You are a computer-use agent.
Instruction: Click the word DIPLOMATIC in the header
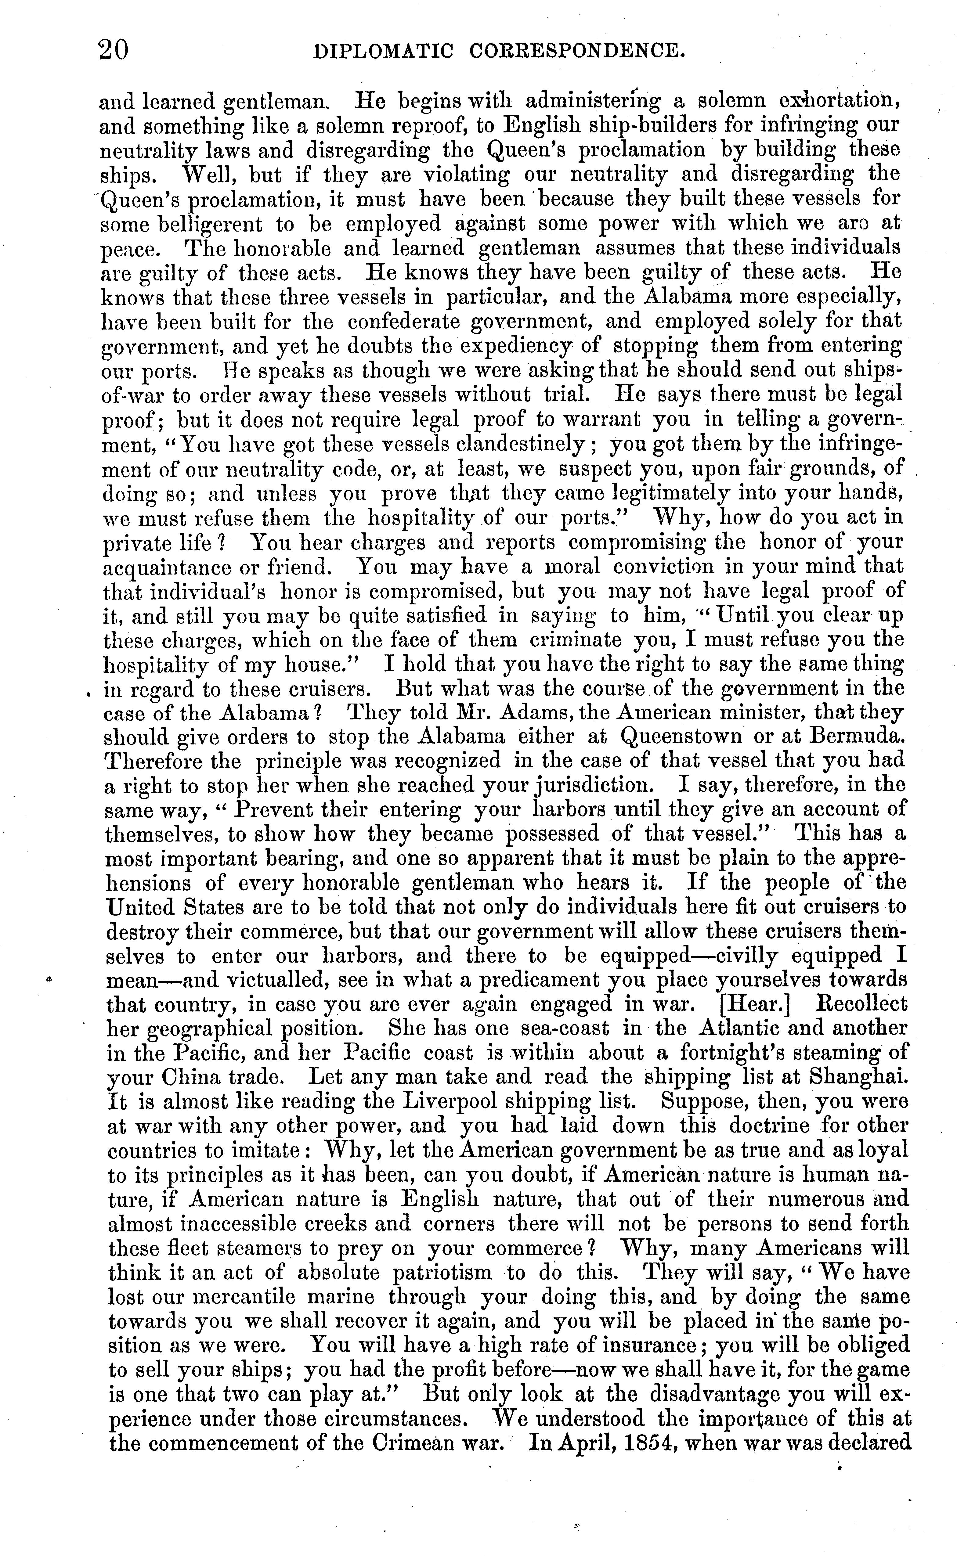[x=384, y=51]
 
